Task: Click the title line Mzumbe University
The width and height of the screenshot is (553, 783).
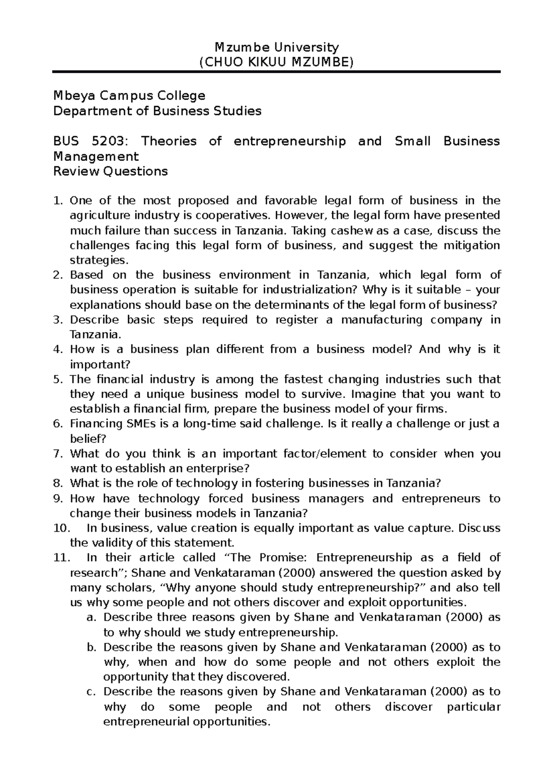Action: [276, 47]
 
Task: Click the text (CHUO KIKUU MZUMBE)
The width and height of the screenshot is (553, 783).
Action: [276, 62]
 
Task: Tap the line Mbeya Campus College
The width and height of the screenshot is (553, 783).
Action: [129, 96]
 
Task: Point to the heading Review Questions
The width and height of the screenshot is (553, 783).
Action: [111, 172]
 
